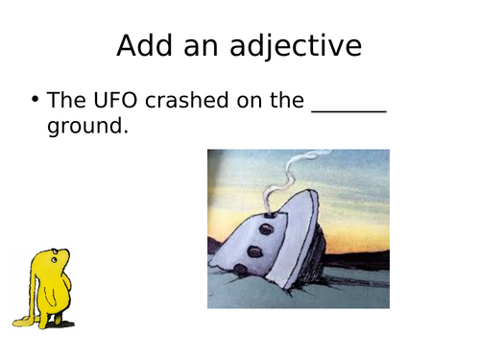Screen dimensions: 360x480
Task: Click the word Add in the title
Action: coord(145,45)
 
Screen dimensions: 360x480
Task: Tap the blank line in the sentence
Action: coord(348,108)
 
